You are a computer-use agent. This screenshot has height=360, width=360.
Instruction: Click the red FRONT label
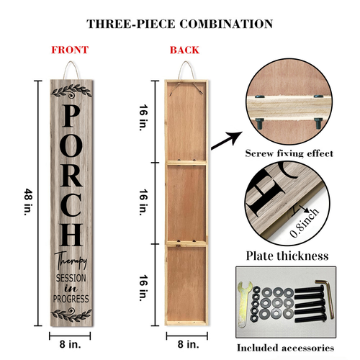pyautogui.click(x=70, y=50)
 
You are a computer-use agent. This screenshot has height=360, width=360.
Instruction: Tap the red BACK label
pyautogui.click(x=184, y=50)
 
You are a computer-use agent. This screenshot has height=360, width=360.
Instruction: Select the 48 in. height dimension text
pyautogui.click(x=29, y=202)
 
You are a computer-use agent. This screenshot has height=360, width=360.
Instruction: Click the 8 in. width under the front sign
pyautogui.click(x=70, y=344)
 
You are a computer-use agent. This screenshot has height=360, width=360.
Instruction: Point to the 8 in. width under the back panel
pyautogui.click(x=189, y=344)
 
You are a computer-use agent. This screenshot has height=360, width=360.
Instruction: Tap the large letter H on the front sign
pyautogui.click(x=71, y=235)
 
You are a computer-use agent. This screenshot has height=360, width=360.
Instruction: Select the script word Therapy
pyautogui.click(x=71, y=260)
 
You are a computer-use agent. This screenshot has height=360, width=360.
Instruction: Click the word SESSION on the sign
pyautogui.click(x=71, y=278)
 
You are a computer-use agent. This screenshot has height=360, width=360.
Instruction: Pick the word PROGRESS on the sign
pyautogui.click(x=71, y=299)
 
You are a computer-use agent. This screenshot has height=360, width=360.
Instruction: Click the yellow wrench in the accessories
pyautogui.click(x=243, y=304)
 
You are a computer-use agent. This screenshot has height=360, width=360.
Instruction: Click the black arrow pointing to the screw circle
pyautogui.click(x=226, y=140)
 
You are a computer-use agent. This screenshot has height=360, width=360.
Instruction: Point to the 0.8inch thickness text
pyautogui.click(x=305, y=222)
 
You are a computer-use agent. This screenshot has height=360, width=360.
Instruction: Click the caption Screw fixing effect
pyautogui.click(x=289, y=153)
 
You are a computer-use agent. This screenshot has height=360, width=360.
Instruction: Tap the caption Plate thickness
pyautogui.click(x=287, y=256)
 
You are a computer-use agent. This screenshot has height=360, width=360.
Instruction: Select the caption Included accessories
pyautogui.click(x=286, y=348)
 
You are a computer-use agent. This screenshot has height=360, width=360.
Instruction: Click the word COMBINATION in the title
pyautogui.click(x=226, y=24)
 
